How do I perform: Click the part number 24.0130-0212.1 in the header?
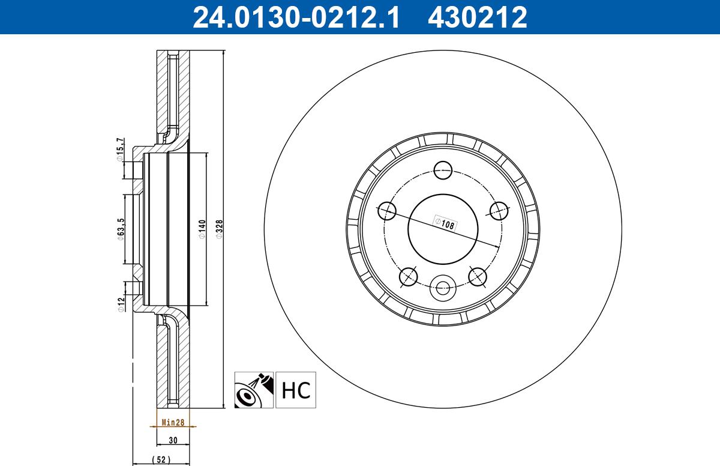point(296,17)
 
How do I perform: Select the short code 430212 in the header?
point(478,17)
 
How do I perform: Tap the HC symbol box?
point(296,390)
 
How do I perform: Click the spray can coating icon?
point(254,390)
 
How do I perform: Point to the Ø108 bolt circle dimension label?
point(445,223)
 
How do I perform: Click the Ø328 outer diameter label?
point(219,229)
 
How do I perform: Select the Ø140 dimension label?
point(202,229)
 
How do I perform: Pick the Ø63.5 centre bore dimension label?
point(121,229)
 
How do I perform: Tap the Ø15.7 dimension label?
point(120,150)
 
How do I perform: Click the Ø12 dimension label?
point(121,304)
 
